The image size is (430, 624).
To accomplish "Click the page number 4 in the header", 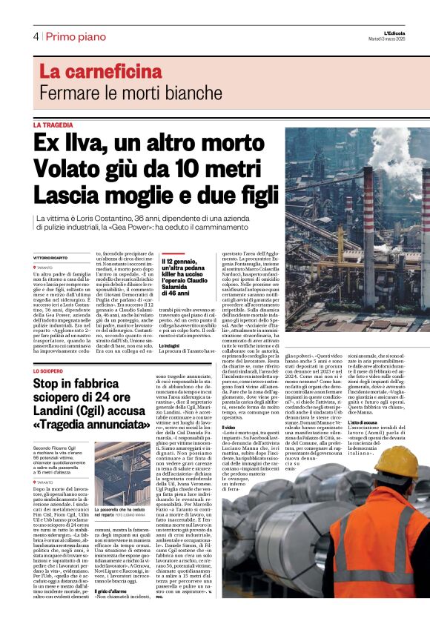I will click(x=36, y=36).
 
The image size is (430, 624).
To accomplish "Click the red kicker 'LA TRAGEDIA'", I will click(x=53, y=126).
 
